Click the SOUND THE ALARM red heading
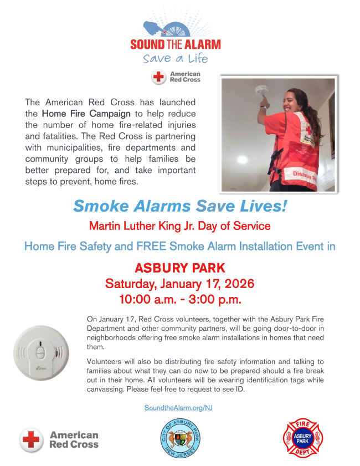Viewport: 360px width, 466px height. pyautogui.click(x=175, y=44)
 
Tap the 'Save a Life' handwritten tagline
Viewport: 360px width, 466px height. pyautogui.click(x=175, y=59)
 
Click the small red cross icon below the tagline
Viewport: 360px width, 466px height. pyautogui.click(x=159, y=77)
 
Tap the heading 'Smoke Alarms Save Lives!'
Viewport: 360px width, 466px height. pyautogui.click(x=180, y=207)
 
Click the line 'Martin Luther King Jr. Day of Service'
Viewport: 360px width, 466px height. pyautogui.click(x=180, y=226)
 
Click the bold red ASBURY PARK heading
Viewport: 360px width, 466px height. pyautogui.click(x=180, y=268)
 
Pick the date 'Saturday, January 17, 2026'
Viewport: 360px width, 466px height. pyautogui.click(x=180, y=284)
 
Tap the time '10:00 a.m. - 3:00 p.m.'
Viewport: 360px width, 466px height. pyautogui.click(x=180, y=300)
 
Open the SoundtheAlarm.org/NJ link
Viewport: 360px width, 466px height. pyautogui.click(x=178, y=407)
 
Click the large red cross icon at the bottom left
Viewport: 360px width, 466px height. pyautogui.click(x=32, y=439)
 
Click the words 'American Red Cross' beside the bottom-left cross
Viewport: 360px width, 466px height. pyautogui.click(x=74, y=439)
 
